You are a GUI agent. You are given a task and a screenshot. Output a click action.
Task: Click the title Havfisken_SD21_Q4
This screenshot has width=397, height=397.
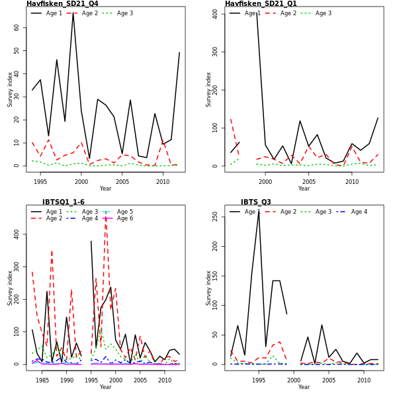pos(62,4)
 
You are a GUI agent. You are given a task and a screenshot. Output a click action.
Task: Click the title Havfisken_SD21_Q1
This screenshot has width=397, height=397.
pos(261,4)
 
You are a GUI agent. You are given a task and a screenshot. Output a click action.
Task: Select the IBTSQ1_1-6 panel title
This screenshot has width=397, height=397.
pos(64,202)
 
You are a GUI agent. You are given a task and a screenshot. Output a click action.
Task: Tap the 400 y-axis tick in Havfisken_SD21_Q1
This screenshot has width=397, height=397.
pos(216,13)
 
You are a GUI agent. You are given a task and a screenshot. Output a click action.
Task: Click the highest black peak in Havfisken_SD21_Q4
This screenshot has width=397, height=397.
pos(73,14)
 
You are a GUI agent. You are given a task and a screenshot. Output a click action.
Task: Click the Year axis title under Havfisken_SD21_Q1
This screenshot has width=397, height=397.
pos(304,189)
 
